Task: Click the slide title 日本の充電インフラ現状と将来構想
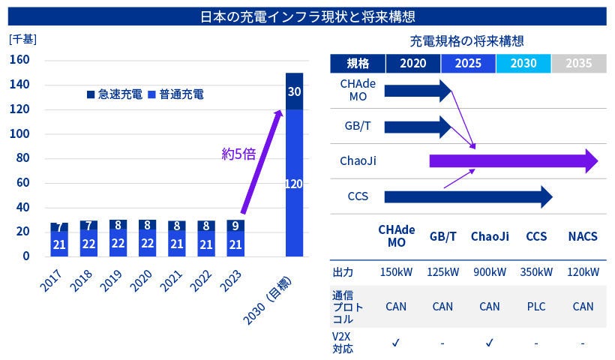tap(308, 16)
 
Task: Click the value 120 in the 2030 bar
tap(293, 183)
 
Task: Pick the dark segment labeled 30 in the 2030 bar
tap(293, 91)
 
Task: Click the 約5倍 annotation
tap(239, 154)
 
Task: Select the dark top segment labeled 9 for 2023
tap(235, 225)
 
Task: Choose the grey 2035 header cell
tap(578, 63)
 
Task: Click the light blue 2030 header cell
tap(523, 63)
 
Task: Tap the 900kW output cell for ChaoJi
tap(490, 271)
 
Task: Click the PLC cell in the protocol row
tap(535, 306)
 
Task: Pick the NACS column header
tap(583, 236)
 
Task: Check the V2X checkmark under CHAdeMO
tap(396, 343)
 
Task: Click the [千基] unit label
tap(22, 38)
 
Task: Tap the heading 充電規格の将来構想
tap(466, 40)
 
